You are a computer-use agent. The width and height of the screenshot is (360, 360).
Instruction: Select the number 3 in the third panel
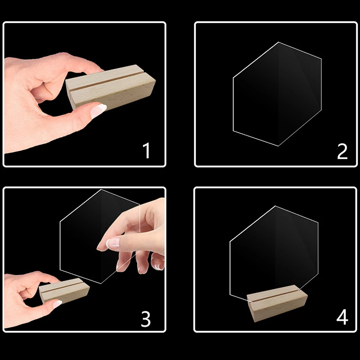(x=145, y=318)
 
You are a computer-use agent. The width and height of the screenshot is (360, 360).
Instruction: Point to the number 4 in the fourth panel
(x=342, y=318)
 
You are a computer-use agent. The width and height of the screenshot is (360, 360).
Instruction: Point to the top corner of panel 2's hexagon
(x=279, y=43)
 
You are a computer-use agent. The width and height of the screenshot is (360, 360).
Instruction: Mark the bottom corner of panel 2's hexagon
(x=278, y=145)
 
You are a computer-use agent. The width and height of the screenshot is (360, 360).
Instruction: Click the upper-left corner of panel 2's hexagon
(x=234, y=78)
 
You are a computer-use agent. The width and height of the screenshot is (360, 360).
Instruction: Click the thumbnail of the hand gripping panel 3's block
(x=57, y=304)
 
